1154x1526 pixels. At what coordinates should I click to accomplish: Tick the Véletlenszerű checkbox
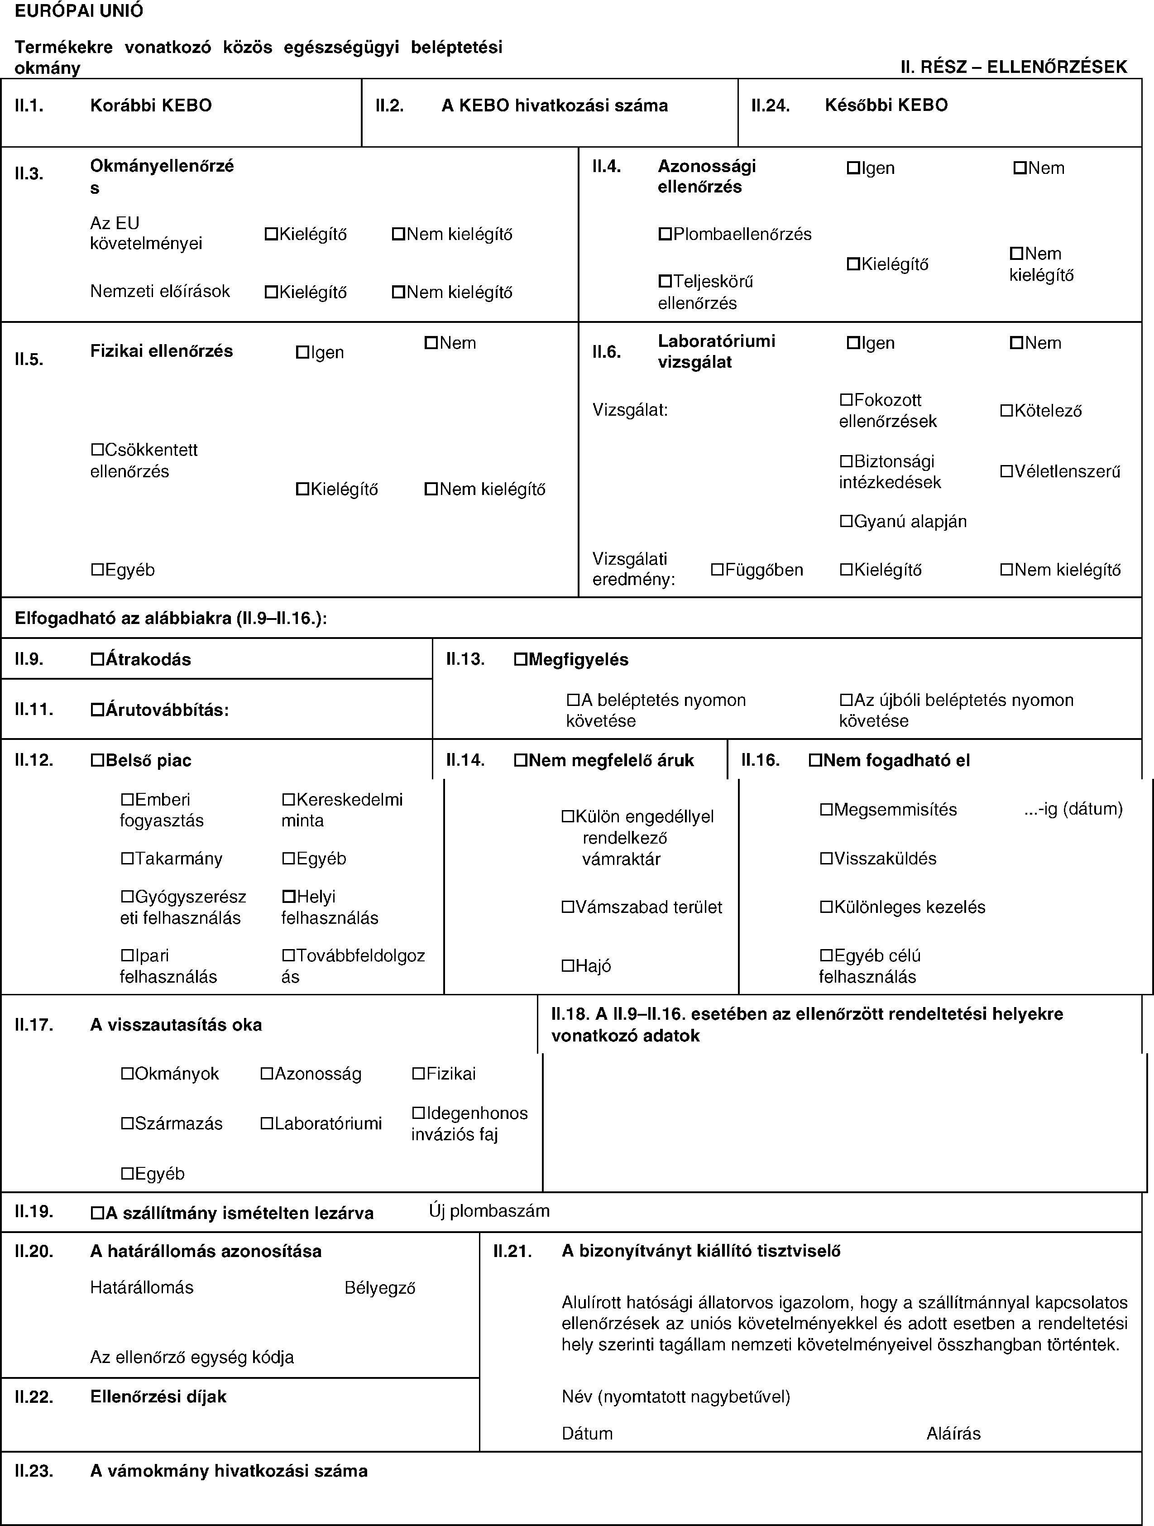(x=1007, y=472)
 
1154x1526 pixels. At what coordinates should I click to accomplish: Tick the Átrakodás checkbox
(x=97, y=659)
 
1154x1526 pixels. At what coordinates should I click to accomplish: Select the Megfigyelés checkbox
(x=521, y=659)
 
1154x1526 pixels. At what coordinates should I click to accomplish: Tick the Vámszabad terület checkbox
(x=568, y=907)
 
